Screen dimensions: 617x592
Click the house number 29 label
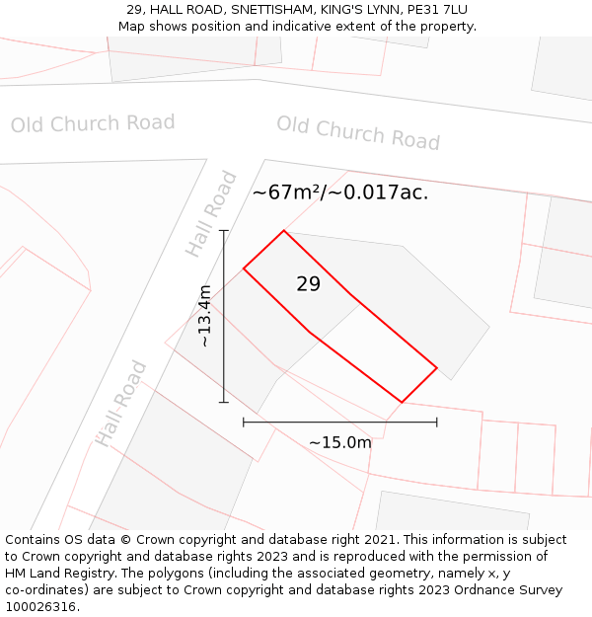click(308, 284)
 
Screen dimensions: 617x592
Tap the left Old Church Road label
click(93, 123)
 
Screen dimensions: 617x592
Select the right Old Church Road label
click(358, 132)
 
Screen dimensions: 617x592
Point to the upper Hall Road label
click(212, 213)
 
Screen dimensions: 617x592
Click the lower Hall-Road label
click(121, 403)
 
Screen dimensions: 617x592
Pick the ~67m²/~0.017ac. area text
click(340, 193)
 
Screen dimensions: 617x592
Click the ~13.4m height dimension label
click(204, 316)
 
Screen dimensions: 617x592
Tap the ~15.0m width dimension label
click(339, 442)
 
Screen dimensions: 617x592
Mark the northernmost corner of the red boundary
click(284, 231)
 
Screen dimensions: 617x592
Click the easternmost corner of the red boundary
click(437, 368)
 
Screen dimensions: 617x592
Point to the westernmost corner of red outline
click(244, 269)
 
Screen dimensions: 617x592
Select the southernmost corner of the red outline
click(402, 402)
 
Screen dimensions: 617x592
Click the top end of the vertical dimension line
click(224, 231)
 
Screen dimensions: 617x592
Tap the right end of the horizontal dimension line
click(437, 423)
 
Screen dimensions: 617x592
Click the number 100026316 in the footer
click(40, 607)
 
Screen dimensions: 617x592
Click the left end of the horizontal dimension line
click(244, 423)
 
